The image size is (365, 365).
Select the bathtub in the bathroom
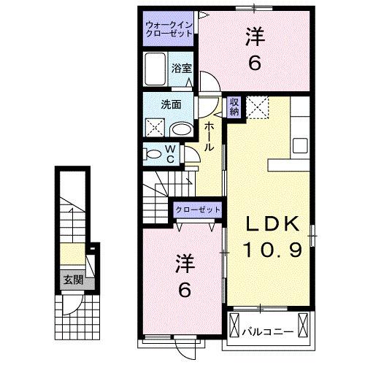coord(155,71)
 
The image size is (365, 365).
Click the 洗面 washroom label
coord(171,103)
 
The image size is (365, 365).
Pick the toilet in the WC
coord(154,154)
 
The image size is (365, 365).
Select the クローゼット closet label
coord(198,210)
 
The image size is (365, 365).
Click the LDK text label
coord(269,225)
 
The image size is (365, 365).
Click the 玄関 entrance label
coord(71,280)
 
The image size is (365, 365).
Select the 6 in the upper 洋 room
coord(255,63)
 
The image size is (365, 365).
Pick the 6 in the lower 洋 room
coord(184,290)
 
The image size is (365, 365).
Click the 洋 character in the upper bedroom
coord(255,34)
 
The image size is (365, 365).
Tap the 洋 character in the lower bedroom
coord(184,261)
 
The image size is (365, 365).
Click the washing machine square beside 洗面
coord(155,128)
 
